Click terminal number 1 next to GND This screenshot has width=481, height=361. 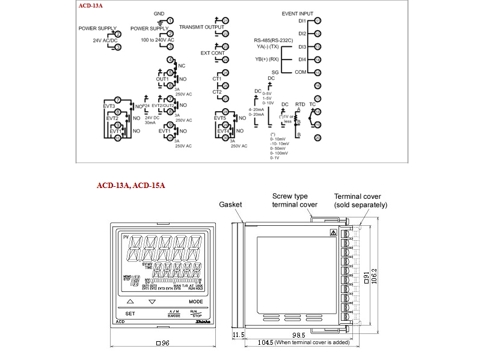click(170, 20)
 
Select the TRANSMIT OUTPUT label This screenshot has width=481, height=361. click(201, 27)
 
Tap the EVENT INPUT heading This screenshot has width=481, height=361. click(297, 13)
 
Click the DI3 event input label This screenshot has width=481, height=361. click(302, 47)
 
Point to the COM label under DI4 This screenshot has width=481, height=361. click(301, 72)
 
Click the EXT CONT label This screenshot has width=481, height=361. click(213, 53)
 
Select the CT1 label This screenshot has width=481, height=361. click(217, 79)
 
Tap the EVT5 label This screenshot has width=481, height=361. click(220, 118)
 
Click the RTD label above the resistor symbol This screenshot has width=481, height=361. click(300, 105)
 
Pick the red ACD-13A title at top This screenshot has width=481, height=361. click(90, 6)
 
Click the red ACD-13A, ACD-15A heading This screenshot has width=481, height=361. click(130, 186)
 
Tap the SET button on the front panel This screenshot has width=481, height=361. click(129, 313)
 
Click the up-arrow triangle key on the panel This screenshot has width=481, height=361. click(130, 301)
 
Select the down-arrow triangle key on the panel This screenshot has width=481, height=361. click(152, 301)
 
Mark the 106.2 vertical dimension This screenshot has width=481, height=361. click(375, 277)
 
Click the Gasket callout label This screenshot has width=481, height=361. click(230, 205)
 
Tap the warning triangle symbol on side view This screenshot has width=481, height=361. click(332, 232)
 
